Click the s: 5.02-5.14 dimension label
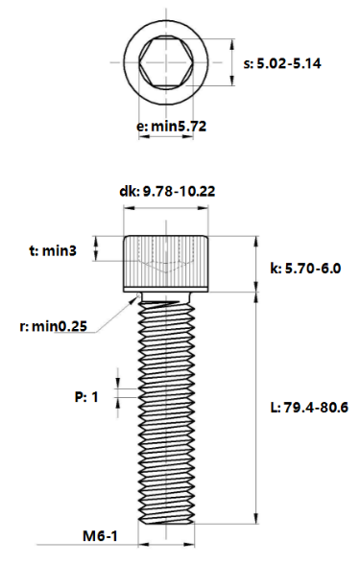(x=282, y=63)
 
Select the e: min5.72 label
(x=171, y=127)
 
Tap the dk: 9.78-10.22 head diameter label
(x=167, y=192)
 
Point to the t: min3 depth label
(x=53, y=250)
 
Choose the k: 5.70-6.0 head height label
(x=305, y=269)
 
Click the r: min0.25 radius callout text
(x=54, y=326)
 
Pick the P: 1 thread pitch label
(x=86, y=397)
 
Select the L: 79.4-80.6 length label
(x=309, y=408)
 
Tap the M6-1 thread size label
(x=100, y=536)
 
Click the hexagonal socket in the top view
(x=166, y=62)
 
